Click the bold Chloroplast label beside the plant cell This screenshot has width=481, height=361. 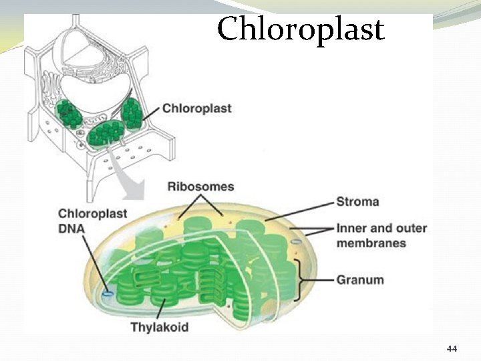click(197, 108)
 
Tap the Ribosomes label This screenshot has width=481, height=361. click(200, 187)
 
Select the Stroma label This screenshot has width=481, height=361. click(357, 201)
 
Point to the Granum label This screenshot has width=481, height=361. click(360, 279)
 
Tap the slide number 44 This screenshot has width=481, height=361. click(452, 349)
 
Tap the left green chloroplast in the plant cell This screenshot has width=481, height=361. click(69, 114)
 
